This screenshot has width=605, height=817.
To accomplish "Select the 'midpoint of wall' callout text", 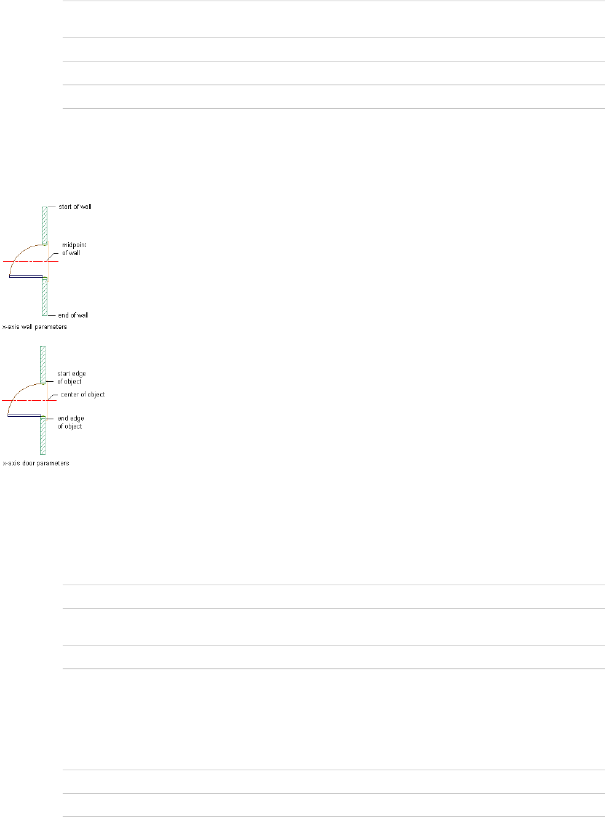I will (x=74, y=249).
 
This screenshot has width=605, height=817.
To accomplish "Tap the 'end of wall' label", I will (x=73, y=315).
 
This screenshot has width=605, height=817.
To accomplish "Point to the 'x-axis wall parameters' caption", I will (x=35, y=327).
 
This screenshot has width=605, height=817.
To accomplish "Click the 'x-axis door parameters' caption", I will (x=36, y=463).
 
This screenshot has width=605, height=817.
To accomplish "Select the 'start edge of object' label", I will (x=71, y=377).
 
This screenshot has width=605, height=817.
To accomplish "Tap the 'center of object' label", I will (x=82, y=395).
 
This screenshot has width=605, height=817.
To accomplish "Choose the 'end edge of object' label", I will (x=71, y=422).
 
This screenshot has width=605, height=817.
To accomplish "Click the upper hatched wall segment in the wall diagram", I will (x=44, y=225).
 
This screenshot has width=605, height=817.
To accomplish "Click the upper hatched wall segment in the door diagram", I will (x=43, y=365).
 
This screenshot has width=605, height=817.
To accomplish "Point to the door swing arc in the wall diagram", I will (x=21, y=254).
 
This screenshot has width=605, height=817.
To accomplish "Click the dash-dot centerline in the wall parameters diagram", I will (x=25, y=262).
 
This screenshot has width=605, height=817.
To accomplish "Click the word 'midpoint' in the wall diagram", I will (x=74, y=245).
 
